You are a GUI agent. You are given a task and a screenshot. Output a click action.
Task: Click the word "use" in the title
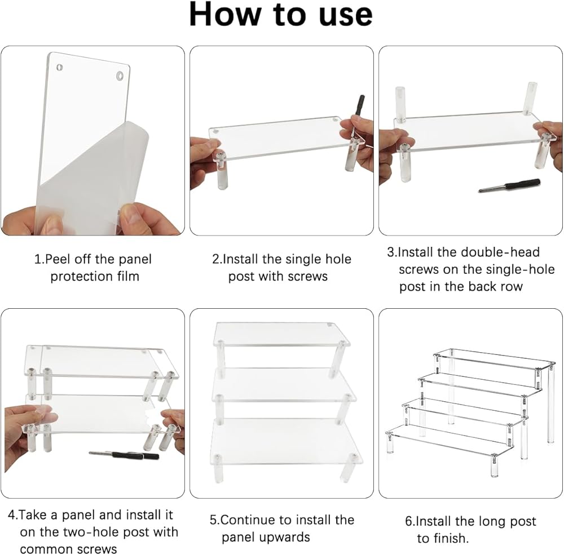pos(346,16)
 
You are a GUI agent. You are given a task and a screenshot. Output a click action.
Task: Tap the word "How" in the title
pos(225,15)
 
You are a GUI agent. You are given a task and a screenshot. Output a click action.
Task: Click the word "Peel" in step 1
pos(58,259)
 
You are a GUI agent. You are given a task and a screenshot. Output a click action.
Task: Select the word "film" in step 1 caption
pos(128,276)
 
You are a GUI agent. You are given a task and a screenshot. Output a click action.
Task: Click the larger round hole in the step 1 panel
pos(120,76)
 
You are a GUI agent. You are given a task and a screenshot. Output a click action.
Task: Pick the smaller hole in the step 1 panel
pos(60,67)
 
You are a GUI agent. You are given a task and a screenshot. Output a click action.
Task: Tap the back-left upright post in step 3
pos(400,104)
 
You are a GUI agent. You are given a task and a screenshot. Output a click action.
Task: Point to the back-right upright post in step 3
pos(532,99)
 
